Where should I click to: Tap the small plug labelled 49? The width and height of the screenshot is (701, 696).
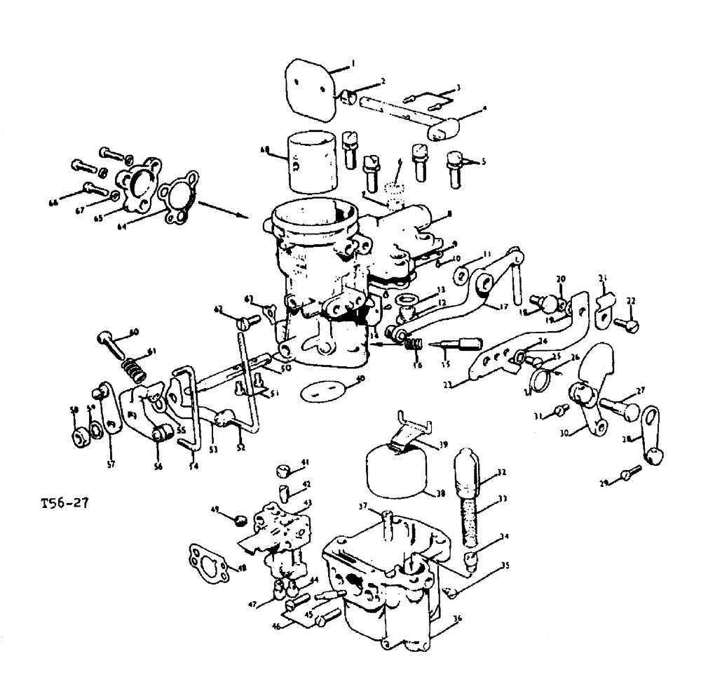point(239,520)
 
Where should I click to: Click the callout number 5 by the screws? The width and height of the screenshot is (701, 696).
point(482,161)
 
